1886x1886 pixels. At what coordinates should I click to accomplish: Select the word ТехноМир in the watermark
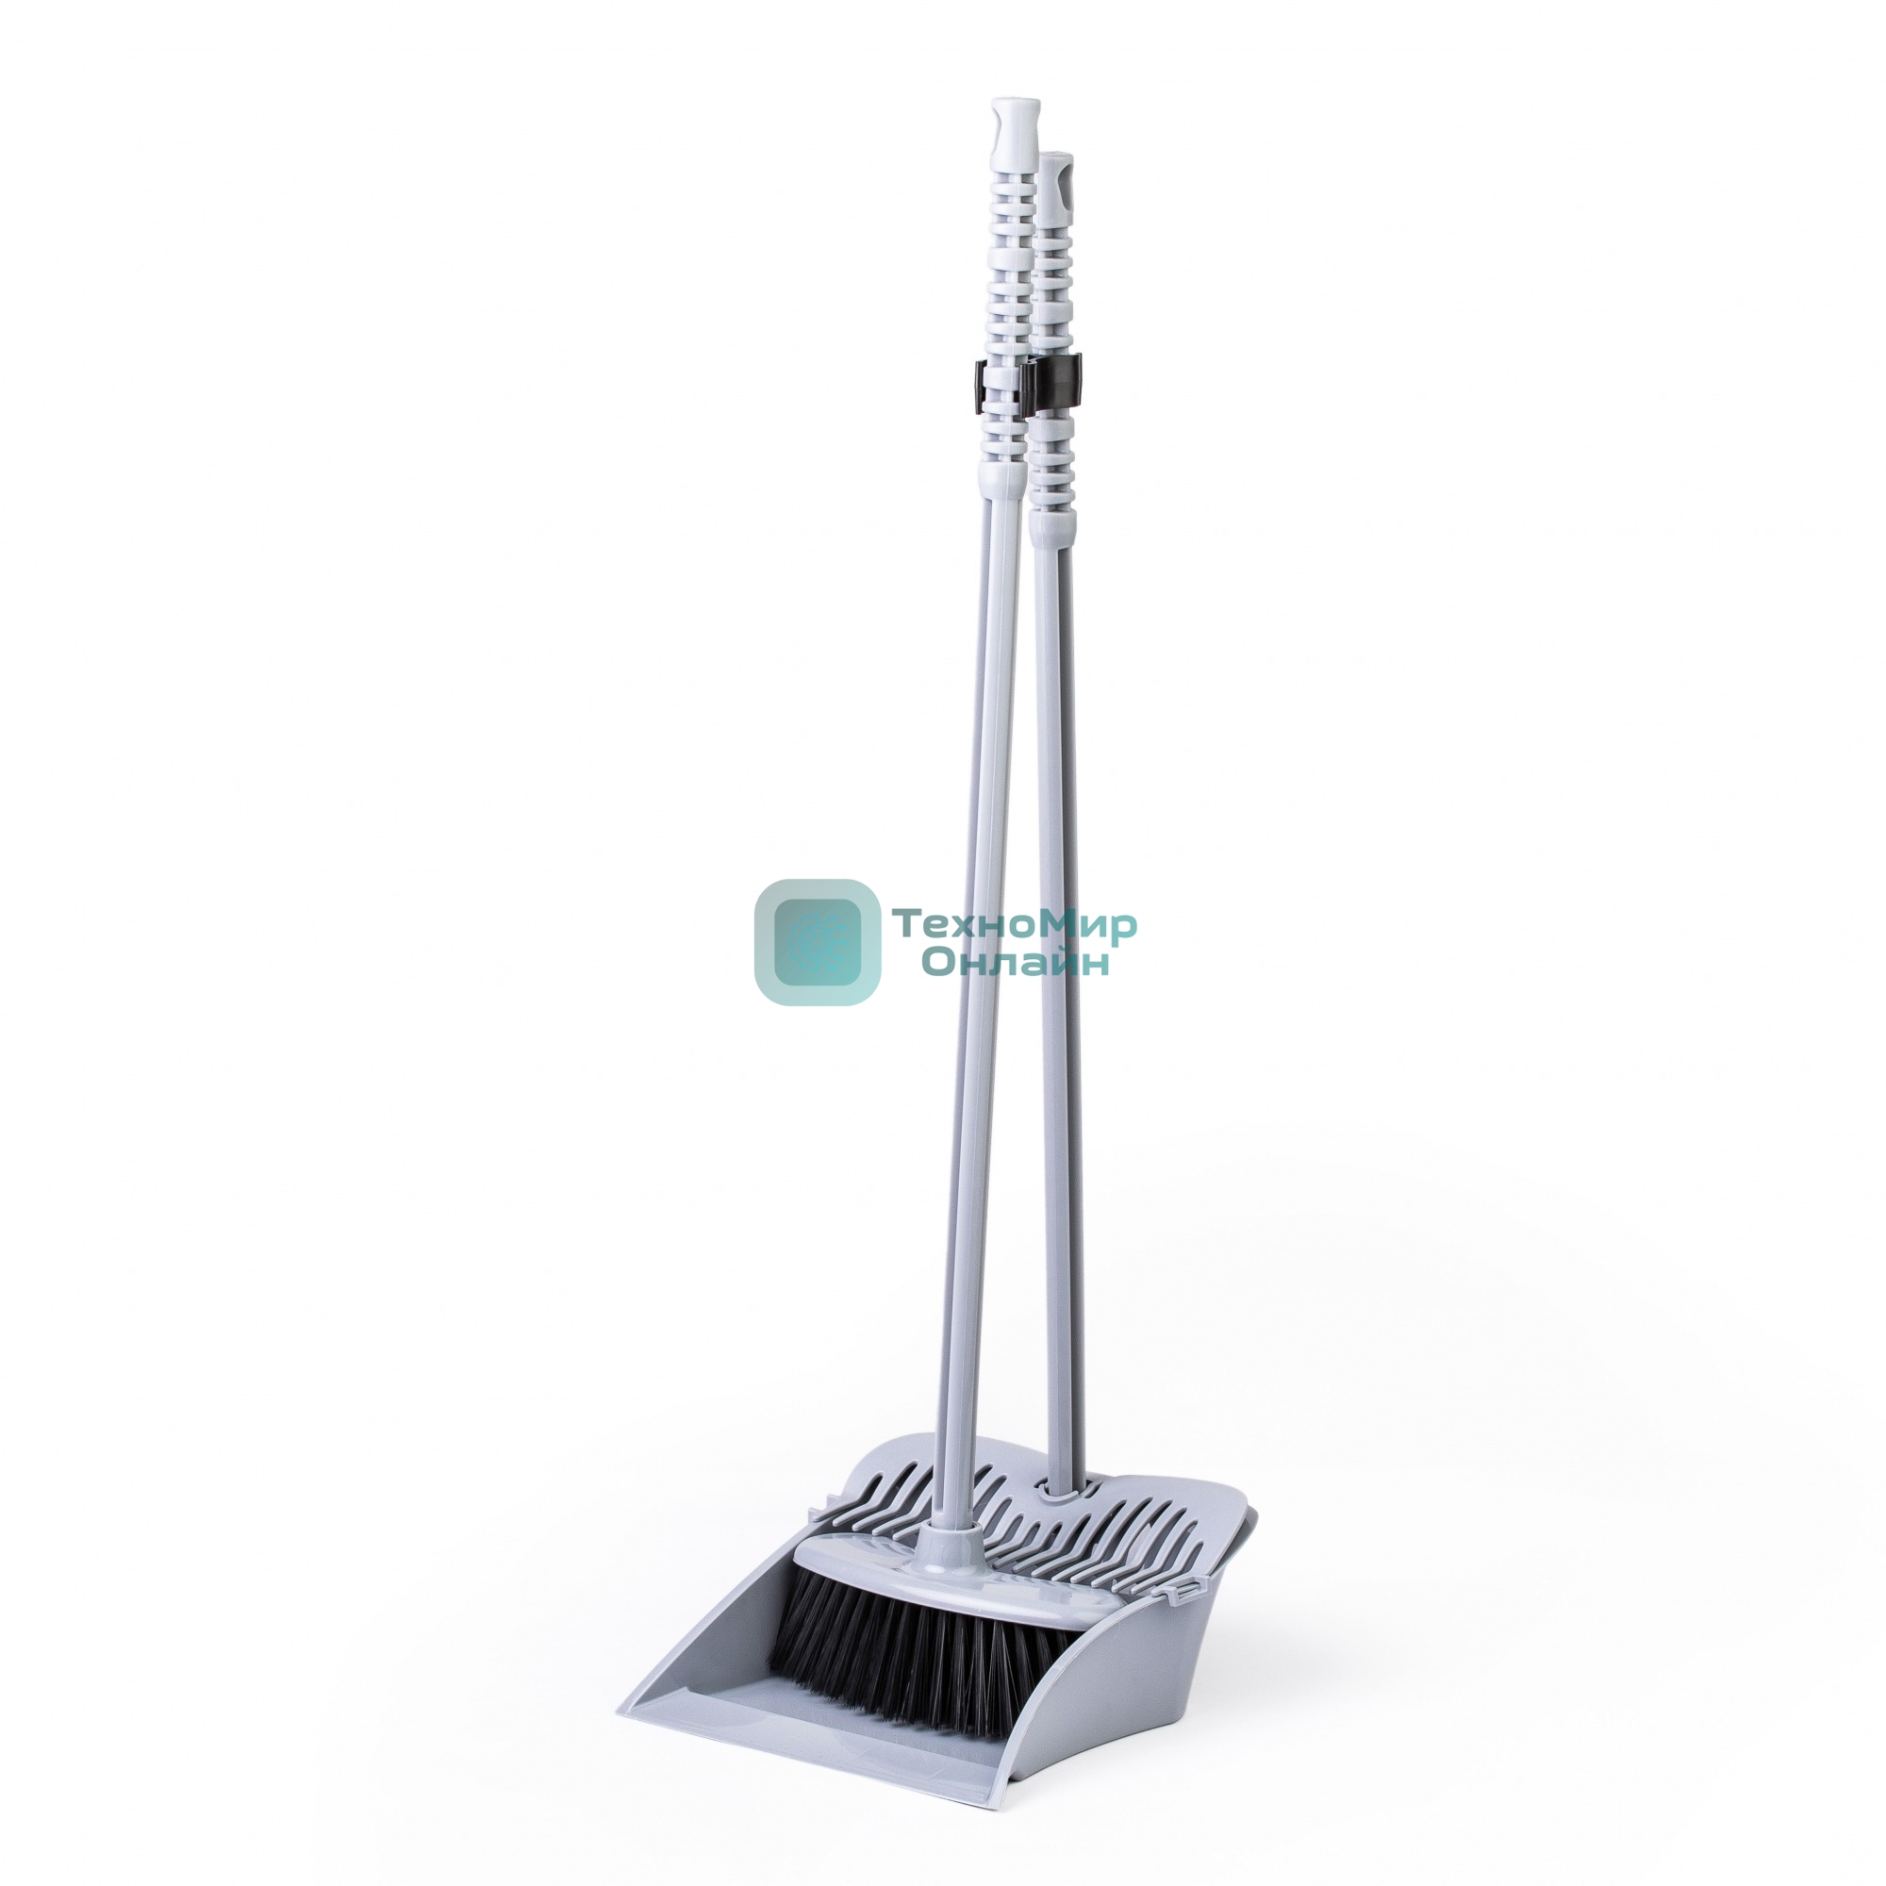click(1016, 923)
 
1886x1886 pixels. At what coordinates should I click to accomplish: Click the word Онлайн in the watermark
click(1017, 963)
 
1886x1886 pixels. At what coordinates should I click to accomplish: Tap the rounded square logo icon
click(816, 942)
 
